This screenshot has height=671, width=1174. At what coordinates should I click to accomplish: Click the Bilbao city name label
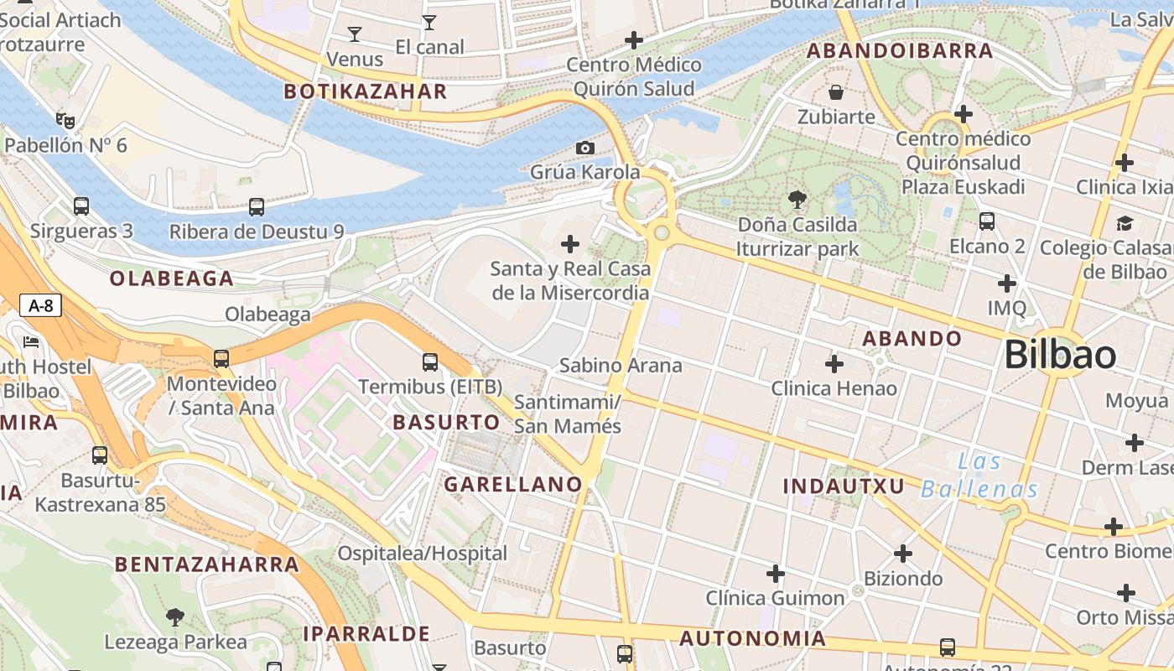coord(1060,355)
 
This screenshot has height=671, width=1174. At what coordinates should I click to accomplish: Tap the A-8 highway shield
coord(40,305)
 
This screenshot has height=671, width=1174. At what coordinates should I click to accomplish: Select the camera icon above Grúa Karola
coord(585,148)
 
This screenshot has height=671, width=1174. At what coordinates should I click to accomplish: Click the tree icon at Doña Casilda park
coord(797,200)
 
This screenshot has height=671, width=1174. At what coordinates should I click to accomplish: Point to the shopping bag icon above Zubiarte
coord(835,91)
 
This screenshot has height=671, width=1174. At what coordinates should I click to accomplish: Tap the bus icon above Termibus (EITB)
coord(430,362)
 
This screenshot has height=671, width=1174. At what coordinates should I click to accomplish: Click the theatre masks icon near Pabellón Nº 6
coord(65,121)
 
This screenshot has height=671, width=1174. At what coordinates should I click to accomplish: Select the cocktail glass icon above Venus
coord(355,34)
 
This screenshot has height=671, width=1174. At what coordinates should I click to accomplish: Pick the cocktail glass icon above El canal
coord(429,23)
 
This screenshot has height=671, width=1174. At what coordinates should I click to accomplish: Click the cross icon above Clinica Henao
coord(834,364)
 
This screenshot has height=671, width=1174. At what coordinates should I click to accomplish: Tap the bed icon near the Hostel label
coord(31,342)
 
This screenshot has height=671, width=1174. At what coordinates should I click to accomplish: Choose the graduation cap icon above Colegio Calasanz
coord(1125,223)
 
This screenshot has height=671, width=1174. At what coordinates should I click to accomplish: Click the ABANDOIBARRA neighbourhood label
coord(900,51)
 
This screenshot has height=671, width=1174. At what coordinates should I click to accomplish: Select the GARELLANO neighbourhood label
coord(512,484)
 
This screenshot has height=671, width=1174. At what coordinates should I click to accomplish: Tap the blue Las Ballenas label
coord(979,476)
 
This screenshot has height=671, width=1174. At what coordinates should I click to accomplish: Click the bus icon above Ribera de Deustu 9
coord(257,206)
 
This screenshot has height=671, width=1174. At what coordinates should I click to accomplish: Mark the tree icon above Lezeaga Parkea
coord(175,618)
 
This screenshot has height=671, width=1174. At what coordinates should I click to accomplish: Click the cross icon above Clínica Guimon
coord(776,574)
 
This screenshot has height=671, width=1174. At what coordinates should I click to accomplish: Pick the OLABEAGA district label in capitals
coord(171,279)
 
